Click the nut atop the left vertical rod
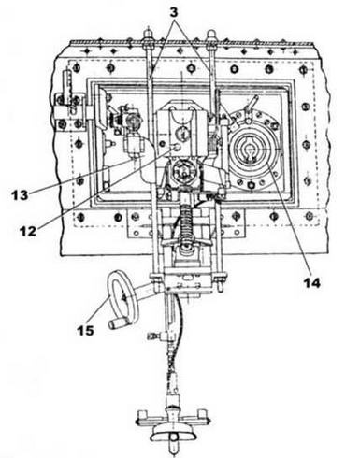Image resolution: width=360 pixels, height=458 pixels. tap(147, 39)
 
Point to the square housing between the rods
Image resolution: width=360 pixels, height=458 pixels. tap(180, 126)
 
